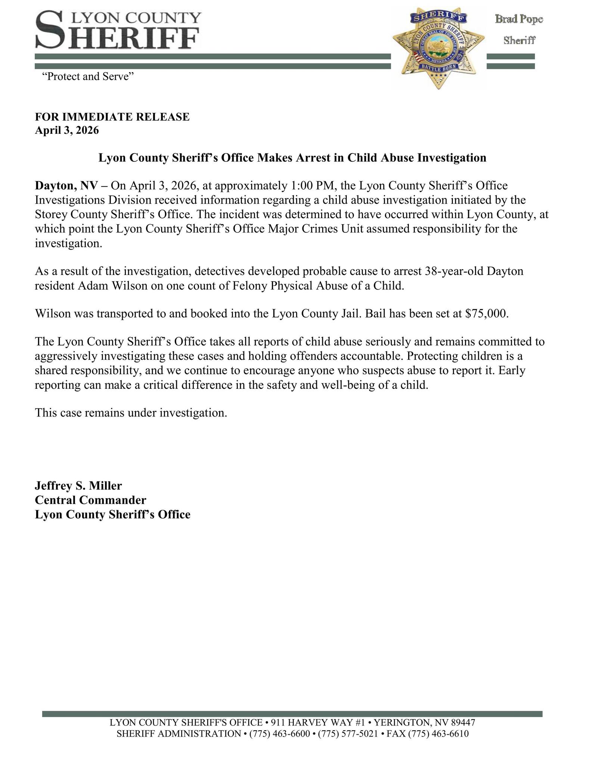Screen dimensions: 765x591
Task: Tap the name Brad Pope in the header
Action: click(x=519, y=19)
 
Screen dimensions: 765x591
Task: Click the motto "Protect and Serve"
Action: click(x=88, y=77)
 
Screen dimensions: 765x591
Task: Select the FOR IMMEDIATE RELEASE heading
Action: click(x=112, y=117)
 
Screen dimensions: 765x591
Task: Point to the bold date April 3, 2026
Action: click(x=67, y=130)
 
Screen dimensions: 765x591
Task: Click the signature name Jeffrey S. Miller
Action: click(x=78, y=486)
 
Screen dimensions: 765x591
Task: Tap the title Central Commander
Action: click(x=90, y=500)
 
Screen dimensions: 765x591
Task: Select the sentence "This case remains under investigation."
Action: click(x=131, y=413)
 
